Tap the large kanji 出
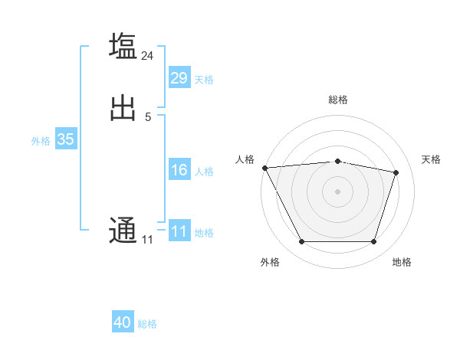pos(123,108)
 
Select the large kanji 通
pos(123,230)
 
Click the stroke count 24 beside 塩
pos(148,55)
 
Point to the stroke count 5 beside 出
pos(147,117)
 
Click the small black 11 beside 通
pos(147,240)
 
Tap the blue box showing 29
pos(179,78)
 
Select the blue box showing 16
pos(179,170)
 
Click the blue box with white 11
pos(179,231)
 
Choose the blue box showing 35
pos(65,139)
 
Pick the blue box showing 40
pos(123,322)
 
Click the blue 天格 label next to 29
pos(204,79)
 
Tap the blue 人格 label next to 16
pos(204,172)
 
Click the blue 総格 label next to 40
pos(147,324)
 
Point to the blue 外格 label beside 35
pos(41,141)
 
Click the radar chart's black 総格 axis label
pos(338,100)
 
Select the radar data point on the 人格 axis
pos(264,168)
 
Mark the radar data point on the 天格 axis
pos(396,172)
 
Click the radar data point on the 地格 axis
pos(374,242)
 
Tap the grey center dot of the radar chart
pos(338,191)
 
